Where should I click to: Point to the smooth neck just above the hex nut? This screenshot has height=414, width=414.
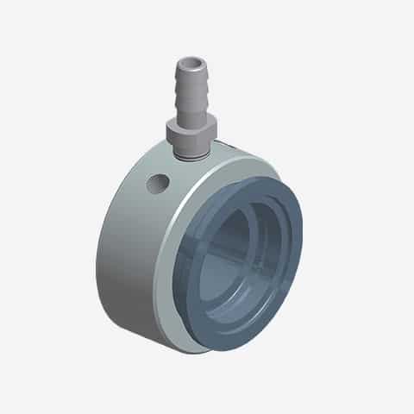coord(188,121)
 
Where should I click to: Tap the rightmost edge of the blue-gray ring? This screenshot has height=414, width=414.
coord(301,250)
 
